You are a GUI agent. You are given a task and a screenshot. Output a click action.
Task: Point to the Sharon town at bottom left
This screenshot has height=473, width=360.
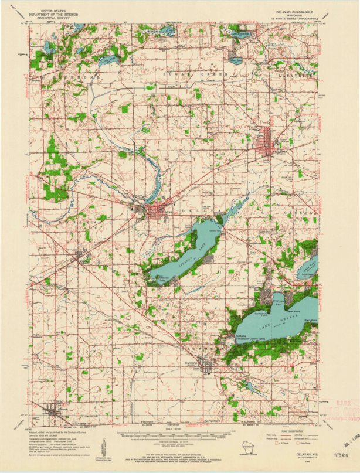pyautogui.click(x=56, y=410)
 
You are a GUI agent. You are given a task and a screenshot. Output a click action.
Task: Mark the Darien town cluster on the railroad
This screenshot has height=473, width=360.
pyautogui.click(x=81, y=256)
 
